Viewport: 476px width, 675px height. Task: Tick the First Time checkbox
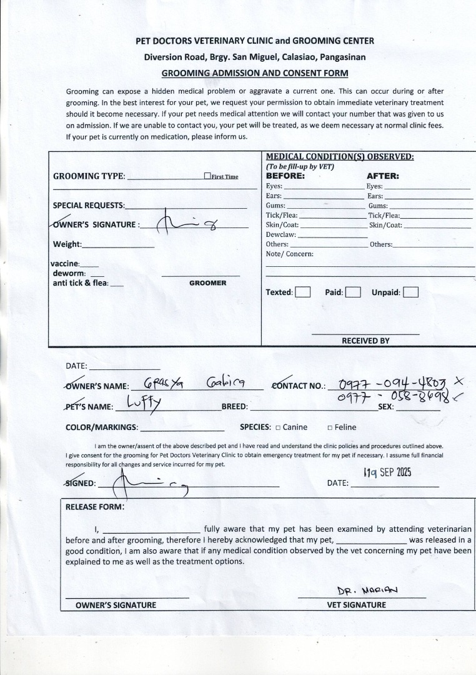click(207, 176)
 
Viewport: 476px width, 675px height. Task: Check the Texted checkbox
click(303, 292)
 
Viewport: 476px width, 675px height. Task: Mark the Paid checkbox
click(353, 292)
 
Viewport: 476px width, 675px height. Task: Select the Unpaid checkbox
click(410, 292)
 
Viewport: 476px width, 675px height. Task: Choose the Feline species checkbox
click(330, 427)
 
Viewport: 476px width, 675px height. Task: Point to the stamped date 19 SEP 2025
click(387, 472)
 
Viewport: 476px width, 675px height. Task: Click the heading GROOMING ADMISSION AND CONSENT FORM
click(255, 72)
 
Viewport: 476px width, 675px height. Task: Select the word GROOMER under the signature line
click(207, 283)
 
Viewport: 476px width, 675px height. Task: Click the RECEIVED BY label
click(365, 341)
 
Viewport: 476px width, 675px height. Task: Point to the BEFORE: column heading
click(285, 176)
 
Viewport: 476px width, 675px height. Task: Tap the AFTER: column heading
click(382, 176)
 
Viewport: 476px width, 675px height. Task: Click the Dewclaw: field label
click(280, 235)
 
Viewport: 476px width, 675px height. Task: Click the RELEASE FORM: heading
click(95, 506)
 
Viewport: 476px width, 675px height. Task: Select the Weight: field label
click(67, 244)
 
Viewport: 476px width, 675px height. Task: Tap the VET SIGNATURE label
click(357, 604)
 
